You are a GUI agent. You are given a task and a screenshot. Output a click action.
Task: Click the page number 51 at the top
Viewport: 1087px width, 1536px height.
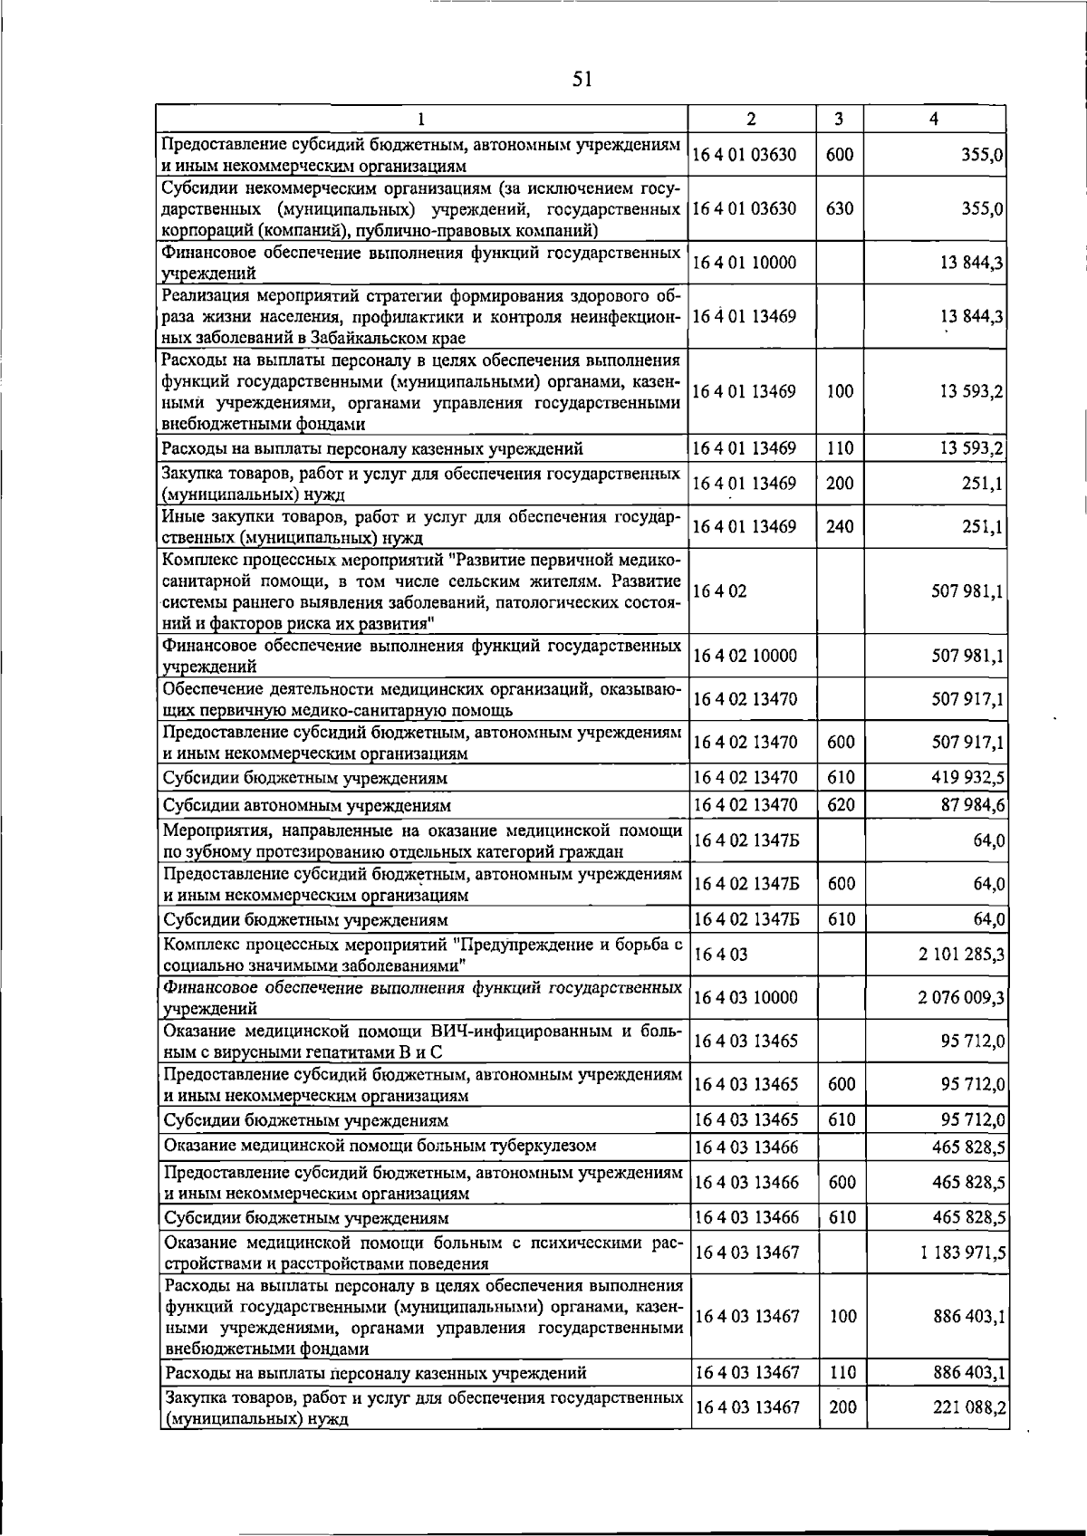582,80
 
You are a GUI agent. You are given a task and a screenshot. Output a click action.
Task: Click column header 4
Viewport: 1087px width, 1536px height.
934,119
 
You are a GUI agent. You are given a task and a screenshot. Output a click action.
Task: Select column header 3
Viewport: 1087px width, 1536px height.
839,119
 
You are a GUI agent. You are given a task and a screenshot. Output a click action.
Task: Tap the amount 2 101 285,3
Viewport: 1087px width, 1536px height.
961,955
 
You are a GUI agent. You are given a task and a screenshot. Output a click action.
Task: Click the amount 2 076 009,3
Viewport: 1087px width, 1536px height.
961,998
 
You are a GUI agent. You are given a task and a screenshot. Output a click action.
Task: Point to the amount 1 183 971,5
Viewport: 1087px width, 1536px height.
962,1253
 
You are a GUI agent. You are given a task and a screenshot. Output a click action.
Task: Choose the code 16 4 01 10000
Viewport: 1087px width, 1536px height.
745,264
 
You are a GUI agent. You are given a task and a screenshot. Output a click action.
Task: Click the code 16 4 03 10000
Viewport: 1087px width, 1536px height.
746,998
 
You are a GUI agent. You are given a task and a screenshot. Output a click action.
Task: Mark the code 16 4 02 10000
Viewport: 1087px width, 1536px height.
746,656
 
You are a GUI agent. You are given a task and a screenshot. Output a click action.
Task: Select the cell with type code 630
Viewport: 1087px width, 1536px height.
840,208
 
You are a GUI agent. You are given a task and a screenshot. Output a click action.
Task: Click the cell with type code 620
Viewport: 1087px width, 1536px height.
842,805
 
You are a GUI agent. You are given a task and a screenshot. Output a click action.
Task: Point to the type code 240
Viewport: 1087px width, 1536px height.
840,526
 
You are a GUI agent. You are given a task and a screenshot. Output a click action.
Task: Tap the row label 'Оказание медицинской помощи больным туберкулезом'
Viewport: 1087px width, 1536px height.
380,1146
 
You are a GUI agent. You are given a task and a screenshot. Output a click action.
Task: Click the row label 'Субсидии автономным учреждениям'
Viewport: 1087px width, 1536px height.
307,805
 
